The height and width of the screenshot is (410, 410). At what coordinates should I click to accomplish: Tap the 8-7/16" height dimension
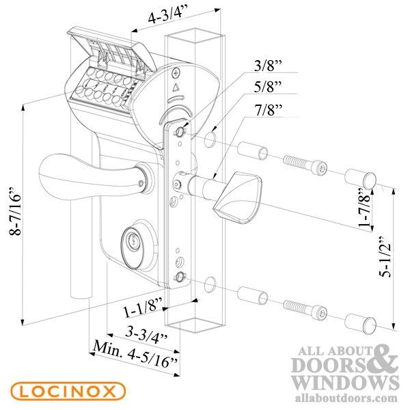click(14, 211)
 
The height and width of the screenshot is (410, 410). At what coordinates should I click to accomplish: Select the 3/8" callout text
click(269, 65)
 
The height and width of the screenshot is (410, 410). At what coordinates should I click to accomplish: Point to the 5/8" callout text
click(269, 86)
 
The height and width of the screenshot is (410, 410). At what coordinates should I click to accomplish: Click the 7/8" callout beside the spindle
click(269, 109)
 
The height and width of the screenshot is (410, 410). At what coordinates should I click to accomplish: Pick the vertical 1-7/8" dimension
click(366, 207)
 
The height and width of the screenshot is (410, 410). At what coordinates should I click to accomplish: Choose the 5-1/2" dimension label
click(385, 257)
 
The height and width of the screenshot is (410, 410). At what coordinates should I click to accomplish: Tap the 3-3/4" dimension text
click(146, 336)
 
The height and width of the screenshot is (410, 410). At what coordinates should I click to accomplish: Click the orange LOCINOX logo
click(68, 391)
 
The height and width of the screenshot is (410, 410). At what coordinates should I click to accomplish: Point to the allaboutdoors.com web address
click(346, 398)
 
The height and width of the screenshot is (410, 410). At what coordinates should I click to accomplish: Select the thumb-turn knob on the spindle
click(237, 197)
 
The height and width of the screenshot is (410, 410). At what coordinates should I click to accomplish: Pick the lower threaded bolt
click(305, 309)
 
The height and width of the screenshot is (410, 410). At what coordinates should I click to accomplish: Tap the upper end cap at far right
click(361, 178)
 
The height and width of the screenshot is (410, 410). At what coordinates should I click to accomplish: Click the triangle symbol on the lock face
click(176, 87)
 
